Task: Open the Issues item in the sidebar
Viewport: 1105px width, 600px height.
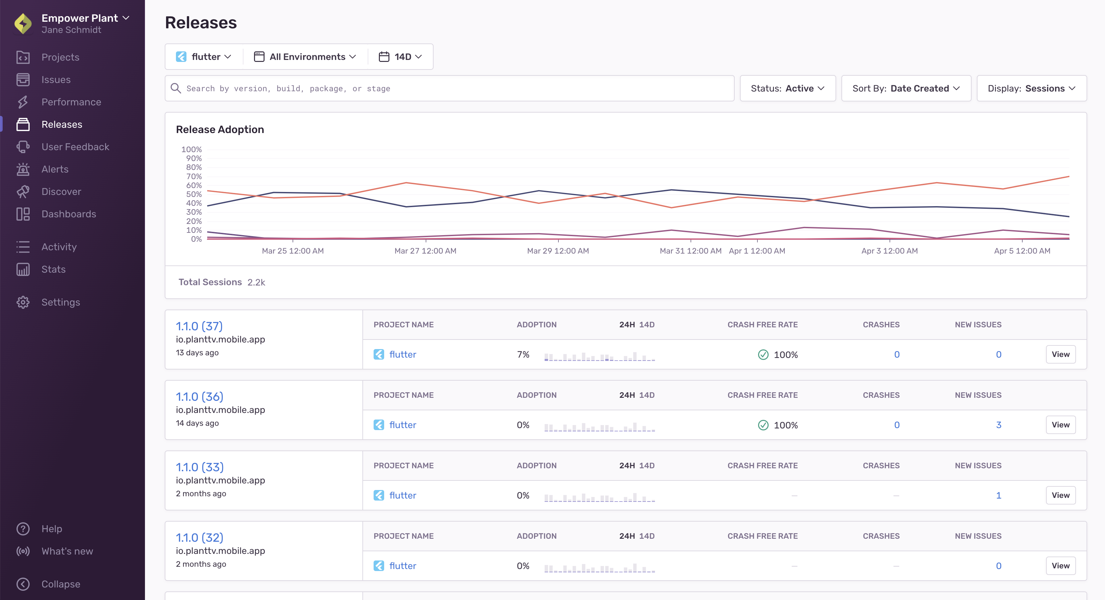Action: [x=56, y=80]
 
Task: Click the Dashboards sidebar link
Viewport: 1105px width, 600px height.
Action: [x=69, y=214]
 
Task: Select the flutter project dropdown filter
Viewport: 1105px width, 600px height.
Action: [x=204, y=57]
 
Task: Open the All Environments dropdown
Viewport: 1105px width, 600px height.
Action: [x=305, y=57]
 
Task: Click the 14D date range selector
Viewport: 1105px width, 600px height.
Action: [x=401, y=57]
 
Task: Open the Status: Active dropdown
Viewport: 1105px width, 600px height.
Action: [x=788, y=88]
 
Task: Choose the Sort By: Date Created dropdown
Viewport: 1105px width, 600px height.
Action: [x=906, y=88]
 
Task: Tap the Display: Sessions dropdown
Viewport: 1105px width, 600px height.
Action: [x=1031, y=88]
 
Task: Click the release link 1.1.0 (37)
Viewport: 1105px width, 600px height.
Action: [x=199, y=326]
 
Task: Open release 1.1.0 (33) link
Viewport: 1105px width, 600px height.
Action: [x=199, y=467]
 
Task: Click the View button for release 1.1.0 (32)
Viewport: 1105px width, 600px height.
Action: [x=1061, y=566]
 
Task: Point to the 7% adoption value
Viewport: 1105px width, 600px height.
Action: [x=523, y=355]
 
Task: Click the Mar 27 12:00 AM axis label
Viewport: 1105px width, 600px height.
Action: [x=425, y=251]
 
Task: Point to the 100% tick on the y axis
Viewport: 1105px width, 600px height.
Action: [x=191, y=149]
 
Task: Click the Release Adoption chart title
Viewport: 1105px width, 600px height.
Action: [x=220, y=129]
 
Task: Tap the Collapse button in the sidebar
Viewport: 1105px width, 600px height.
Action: [x=61, y=584]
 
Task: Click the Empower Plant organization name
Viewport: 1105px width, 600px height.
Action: [x=80, y=18]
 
